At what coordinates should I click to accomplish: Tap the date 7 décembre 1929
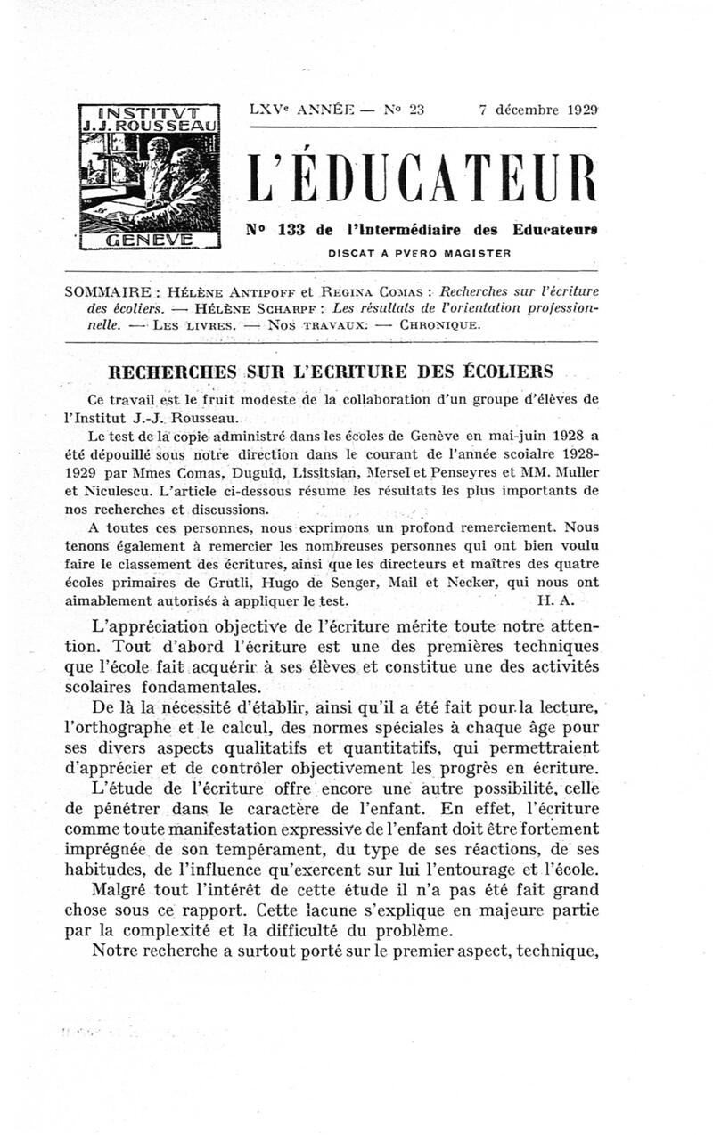[537, 111]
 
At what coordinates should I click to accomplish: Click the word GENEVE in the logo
[150, 240]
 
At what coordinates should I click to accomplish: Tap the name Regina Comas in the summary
[370, 292]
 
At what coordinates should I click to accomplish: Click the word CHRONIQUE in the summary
[440, 324]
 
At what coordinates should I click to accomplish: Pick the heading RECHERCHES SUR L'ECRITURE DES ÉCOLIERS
[331, 371]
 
